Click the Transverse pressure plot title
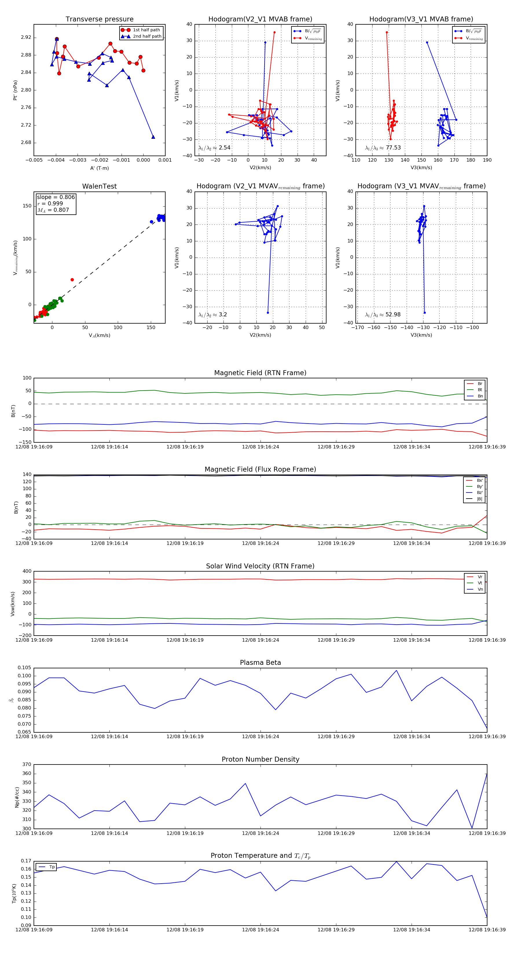click(x=99, y=19)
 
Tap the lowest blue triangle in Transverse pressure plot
click(x=153, y=137)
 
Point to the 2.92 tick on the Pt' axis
click(x=26, y=37)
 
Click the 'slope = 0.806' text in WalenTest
click(x=56, y=197)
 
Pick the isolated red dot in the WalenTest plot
click(x=72, y=280)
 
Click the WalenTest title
click(x=99, y=186)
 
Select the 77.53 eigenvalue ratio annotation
click(x=393, y=148)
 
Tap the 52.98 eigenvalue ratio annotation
click(x=393, y=315)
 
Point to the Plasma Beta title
click(x=260, y=663)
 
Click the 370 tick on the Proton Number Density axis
click(x=27, y=764)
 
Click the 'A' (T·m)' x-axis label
click(x=99, y=168)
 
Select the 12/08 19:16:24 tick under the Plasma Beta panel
click(x=260, y=736)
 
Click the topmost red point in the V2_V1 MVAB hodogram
click(x=274, y=32)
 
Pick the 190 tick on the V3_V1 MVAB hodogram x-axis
click(x=487, y=160)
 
